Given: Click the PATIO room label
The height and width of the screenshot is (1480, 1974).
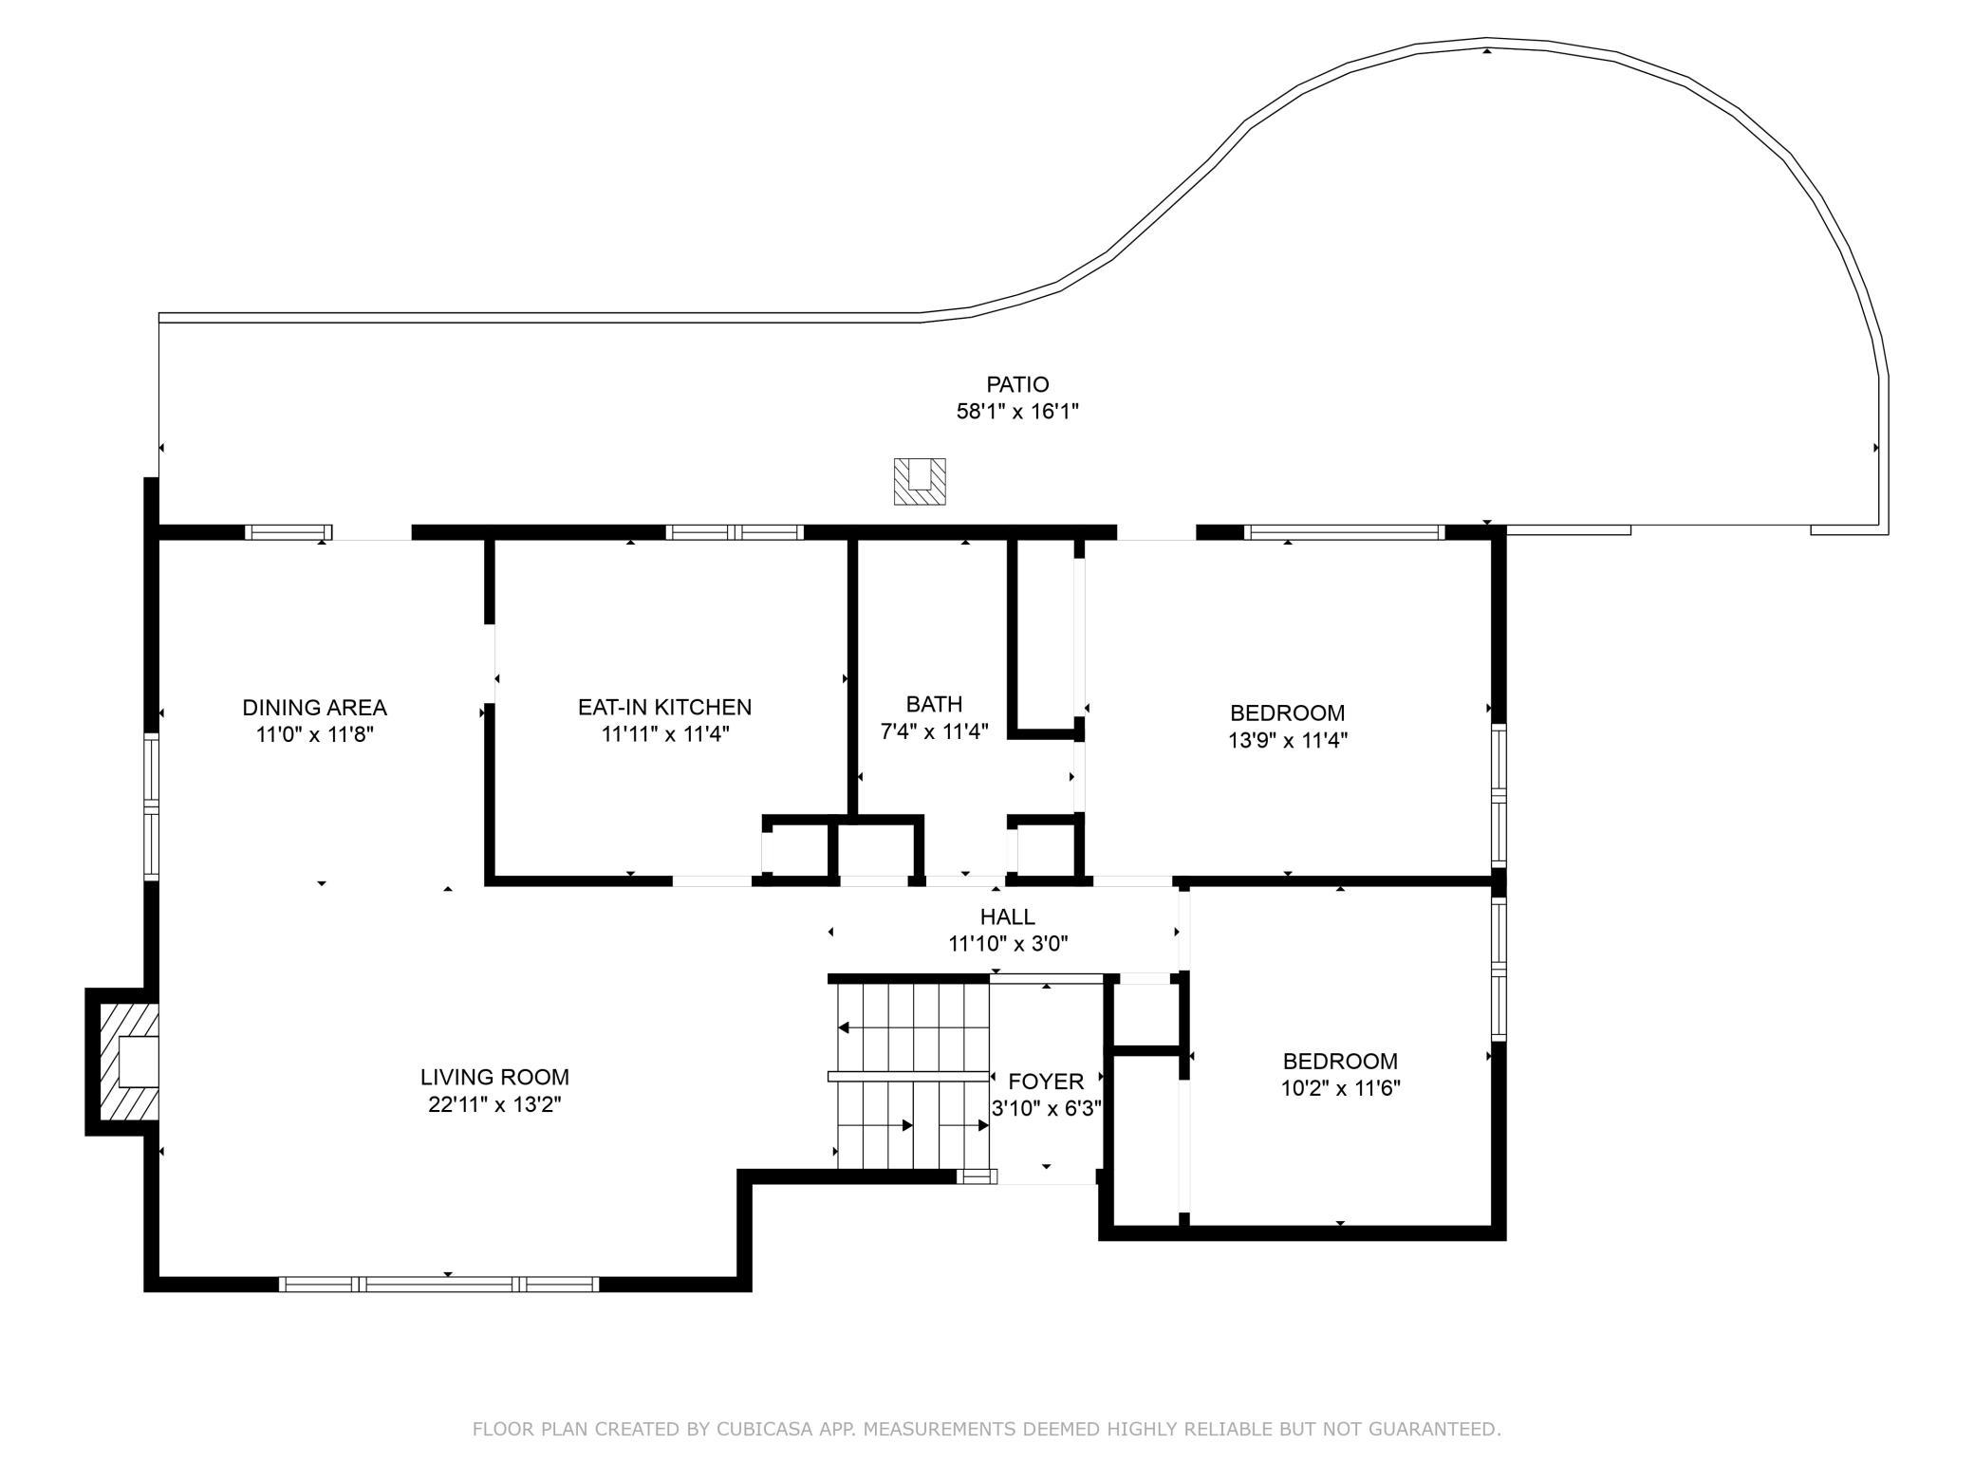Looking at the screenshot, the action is (x=1017, y=384).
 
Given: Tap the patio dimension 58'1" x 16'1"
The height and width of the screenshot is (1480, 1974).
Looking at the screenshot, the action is (x=1017, y=412).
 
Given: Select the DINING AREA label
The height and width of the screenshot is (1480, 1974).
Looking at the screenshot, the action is (x=315, y=708).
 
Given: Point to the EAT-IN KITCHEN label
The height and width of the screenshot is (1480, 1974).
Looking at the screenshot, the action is (x=665, y=707).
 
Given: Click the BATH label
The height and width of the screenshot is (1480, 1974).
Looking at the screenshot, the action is (x=935, y=704).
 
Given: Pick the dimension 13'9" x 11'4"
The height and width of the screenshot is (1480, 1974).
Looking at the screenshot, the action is (x=1288, y=740).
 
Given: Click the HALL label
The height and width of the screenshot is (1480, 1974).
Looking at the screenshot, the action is (x=1008, y=916).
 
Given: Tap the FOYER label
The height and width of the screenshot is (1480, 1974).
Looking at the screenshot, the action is (x=1046, y=1082).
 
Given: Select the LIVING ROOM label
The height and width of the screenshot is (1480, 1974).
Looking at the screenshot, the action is (x=495, y=1077).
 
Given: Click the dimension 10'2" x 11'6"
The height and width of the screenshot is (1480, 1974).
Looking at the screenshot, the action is (x=1341, y=1088).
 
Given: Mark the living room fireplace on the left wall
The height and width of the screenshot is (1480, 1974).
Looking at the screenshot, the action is (x=122, y=1062).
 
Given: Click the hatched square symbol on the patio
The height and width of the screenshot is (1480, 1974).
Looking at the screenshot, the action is (x=920, y=481).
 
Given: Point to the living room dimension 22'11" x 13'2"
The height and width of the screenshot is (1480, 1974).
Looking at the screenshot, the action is (x=495, y=1104).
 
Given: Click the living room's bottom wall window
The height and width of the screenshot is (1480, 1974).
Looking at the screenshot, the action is (x=439, y=1284).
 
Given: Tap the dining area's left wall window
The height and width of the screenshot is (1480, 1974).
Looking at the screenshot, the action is (x=152, y=805).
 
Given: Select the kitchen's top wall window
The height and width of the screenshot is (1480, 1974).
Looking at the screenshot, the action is (x=735, y=532).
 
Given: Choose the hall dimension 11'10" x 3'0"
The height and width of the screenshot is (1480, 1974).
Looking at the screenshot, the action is (x=1009, y=944).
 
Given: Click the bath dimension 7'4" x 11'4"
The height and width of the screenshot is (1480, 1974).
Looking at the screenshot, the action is (x=935, y=731).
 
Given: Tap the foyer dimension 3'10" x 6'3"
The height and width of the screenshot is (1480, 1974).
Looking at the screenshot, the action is (x=1046, y=1108).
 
